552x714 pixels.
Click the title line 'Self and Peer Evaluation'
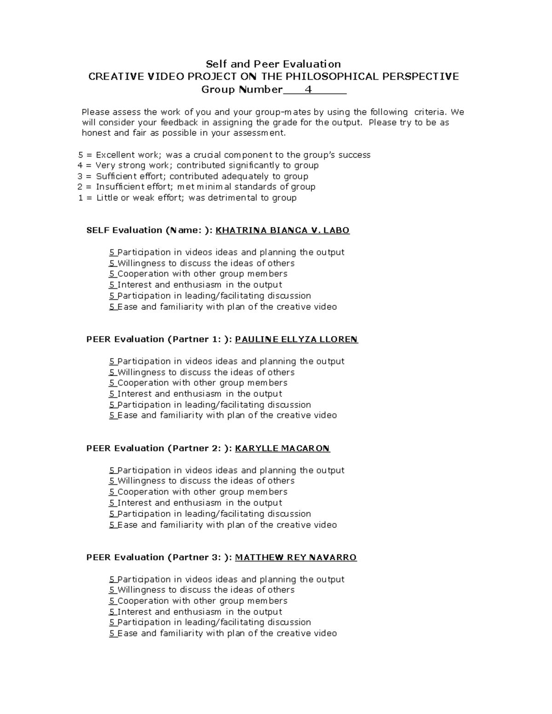click(273, 64)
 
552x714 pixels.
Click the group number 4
click(309, 89)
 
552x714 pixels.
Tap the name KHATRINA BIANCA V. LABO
click(282, 230)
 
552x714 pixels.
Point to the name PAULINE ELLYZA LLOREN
click(296, 339)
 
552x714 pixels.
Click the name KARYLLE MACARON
click(282, 448)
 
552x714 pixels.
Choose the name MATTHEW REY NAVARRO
click(296, 557)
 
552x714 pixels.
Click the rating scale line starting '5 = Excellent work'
click(224, 155)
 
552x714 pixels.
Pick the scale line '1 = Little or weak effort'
click(188, 198)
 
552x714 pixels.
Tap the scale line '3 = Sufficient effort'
click(193, 176)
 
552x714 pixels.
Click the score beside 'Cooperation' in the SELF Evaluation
click(112, 274)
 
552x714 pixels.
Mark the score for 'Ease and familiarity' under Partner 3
click(112, 633)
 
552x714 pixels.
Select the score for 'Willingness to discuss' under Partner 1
click(112, 372)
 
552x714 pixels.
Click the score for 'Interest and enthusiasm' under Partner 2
click(112, 503)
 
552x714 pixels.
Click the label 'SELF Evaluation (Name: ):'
click(149, 230)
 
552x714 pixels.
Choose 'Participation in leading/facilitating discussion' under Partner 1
click(214, 405)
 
